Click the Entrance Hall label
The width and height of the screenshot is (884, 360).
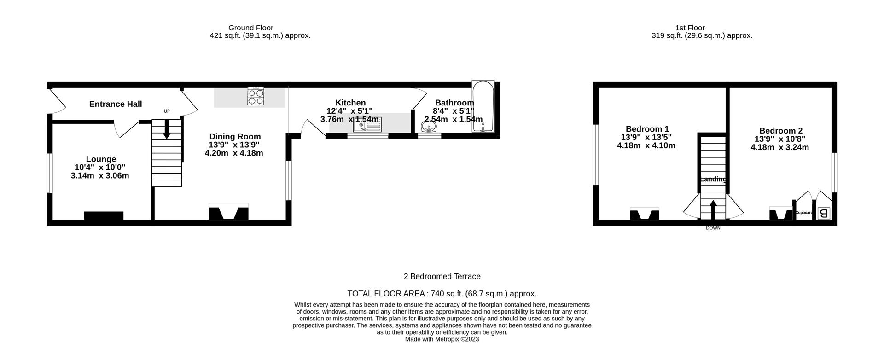click(x=115, y=104)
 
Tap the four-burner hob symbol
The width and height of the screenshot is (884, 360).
click(x=256, y=97)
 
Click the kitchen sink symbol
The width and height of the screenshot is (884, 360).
click(x=367, y=124)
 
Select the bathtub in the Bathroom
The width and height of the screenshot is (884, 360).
click(x=483, y=107)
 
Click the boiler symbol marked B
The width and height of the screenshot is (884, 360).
click(x=824, y=214)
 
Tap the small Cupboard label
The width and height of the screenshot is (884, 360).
click(x=804, y=213)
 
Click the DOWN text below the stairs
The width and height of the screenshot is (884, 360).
click(x=713, y=228)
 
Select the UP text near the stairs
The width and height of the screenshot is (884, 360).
click(x=167, y=111)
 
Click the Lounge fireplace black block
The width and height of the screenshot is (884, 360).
click(x=104, y=215)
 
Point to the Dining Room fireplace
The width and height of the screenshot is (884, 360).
click(x=228, y=213)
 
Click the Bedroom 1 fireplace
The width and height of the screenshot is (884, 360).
click(x=644, y=214)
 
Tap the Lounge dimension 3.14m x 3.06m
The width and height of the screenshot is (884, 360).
click(x=100, y=176)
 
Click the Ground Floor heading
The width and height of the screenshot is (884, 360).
click(x=250, y=28)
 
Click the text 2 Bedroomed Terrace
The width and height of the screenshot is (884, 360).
click(x=442, y=276)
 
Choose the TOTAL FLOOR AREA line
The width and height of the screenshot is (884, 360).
click(x=442, y=294)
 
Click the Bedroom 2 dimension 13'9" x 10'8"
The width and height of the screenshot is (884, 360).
click(x=779, y=139)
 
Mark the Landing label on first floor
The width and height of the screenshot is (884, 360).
click(x=713, y=180)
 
